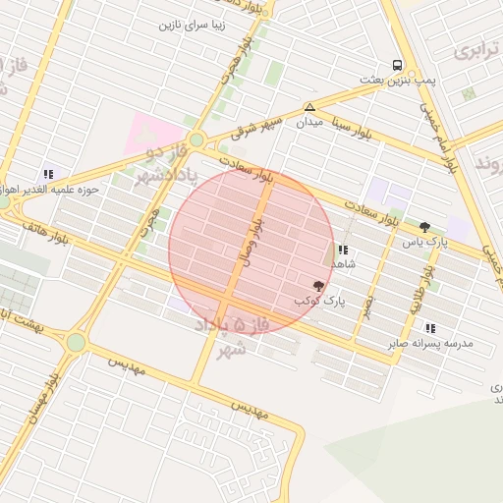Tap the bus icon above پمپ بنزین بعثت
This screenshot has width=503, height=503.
coord(397,65)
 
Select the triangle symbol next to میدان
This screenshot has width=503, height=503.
coord(309,107)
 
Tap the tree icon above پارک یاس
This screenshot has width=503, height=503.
coord(424,227)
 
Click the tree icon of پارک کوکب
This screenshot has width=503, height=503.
coord(318,285)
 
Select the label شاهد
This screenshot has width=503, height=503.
coord(343,264)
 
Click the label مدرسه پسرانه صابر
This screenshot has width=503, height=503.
coord(431,343)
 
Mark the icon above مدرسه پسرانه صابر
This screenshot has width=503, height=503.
coord(430,328)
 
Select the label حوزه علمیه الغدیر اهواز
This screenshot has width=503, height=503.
coord(49,189)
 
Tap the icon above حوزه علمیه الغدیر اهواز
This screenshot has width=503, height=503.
coord(48,174)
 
